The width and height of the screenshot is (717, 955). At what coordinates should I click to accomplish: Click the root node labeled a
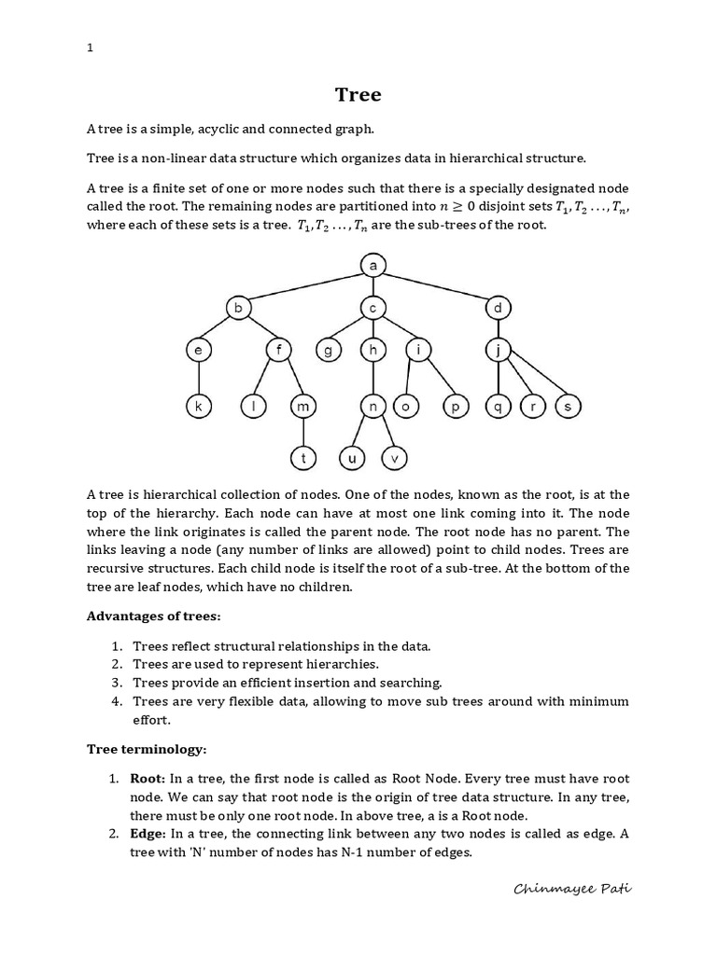coord(373,267)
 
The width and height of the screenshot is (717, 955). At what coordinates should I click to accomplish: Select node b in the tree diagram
coord(238,307)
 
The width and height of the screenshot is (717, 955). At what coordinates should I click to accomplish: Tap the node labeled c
coord(373,307)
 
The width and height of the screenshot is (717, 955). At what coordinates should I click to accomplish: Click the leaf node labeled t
coord(303,458)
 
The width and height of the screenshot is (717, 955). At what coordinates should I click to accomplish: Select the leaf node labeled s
coord(568,407)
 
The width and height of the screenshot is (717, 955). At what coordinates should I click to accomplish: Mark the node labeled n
coord(373,407)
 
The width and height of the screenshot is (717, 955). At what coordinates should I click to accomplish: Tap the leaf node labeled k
coord(198,407)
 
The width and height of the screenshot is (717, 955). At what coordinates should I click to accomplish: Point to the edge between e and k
coord(198,379)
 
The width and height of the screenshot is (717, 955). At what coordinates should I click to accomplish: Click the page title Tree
coord(358,94)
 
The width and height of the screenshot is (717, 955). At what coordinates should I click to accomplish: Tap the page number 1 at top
coord(90,48)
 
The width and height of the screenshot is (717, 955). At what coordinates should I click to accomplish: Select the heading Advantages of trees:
coord(154,616)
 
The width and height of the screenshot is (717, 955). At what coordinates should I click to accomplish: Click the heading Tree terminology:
coord(146,748)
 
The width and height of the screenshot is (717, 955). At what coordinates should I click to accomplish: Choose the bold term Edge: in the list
coord(148,833)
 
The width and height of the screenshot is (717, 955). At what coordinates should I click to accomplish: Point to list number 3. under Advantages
coord(117,683)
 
